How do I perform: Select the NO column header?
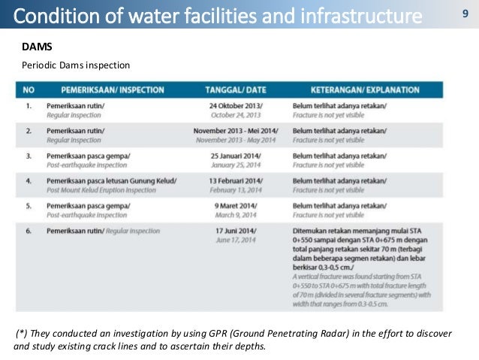29,89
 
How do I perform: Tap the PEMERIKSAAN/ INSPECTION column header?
105,89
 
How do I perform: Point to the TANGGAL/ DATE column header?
233,89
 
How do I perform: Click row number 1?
28,106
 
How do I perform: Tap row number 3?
28,155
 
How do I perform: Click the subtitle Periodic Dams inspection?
69,65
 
